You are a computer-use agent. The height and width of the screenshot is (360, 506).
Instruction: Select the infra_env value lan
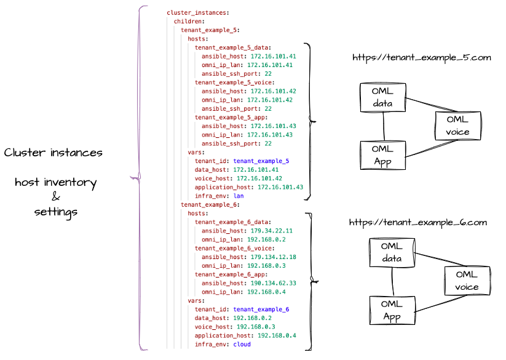click(239, 196)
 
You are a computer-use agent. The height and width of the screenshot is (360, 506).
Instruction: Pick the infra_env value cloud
click(242, 345)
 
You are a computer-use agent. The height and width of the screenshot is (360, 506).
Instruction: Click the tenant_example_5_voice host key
click(234, 82)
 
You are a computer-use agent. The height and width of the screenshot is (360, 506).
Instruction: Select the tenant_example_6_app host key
click(231, 274)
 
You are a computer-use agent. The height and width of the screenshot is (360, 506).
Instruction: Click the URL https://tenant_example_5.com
click(421, 58)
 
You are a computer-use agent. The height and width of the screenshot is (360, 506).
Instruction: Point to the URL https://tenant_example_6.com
click(418, 222)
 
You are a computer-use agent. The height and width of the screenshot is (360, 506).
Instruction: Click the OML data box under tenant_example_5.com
click(382, 97)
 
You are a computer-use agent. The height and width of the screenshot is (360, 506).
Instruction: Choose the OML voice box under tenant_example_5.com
click(457, 126)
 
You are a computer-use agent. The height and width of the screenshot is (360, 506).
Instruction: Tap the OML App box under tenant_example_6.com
click(392, 311)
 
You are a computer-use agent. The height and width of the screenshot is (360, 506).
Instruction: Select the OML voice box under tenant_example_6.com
click(467, 281)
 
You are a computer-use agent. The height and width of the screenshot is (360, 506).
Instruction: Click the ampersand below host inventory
click(55, 197)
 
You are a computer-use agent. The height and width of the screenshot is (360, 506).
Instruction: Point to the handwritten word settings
click(55, 212)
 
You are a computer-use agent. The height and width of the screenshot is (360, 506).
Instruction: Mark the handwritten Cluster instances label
click(53, 153)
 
